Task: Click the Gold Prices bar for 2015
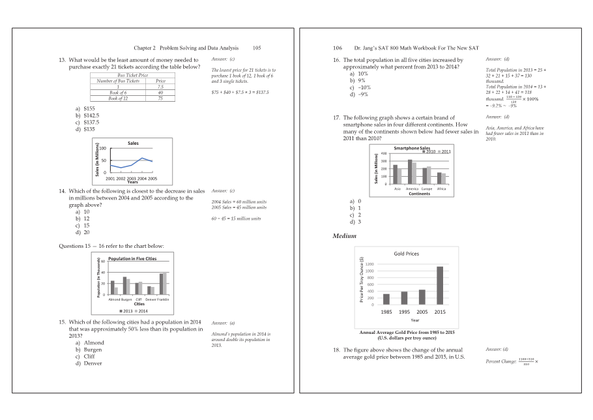click(440, 286)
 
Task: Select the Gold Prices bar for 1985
click(386, 299)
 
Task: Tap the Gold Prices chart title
click(407, 254)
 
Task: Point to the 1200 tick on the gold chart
click(369, 264)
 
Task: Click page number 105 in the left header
click(257, 48)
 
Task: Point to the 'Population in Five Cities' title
click(132, 259)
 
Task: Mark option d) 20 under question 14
click(83, 232)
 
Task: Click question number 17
click(337, 117)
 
